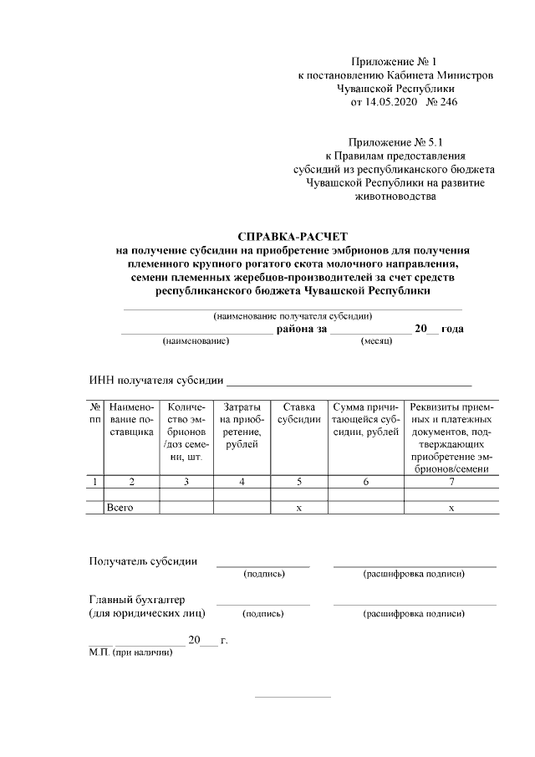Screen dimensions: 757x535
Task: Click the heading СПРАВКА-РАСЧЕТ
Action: (293, 237)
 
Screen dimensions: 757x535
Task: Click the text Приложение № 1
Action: (394, 62)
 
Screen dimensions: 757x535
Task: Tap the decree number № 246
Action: (442, 102)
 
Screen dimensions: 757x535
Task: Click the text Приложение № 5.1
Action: (395, 142)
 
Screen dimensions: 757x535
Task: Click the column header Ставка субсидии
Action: (298, 413)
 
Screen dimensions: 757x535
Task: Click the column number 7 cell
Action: (451, 481)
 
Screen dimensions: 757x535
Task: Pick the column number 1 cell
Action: (94, 481)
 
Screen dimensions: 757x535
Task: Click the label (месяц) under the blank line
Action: (377, 342)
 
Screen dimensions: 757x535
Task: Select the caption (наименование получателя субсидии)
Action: (293, 316)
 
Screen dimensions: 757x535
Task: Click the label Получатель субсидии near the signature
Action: (143, 560)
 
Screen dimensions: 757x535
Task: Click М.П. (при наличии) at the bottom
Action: (130, 652)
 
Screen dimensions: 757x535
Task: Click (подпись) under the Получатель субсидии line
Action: (263, 574)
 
